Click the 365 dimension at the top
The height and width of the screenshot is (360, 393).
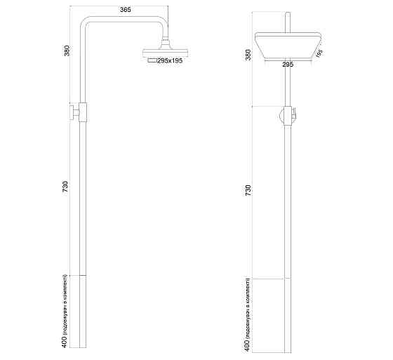point(124,10)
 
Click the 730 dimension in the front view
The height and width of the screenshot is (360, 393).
point(247,190)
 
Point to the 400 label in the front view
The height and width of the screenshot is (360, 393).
point(247,314)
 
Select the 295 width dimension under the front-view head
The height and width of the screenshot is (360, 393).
point(287,64)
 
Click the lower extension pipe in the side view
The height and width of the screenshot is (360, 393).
point(83,312)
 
